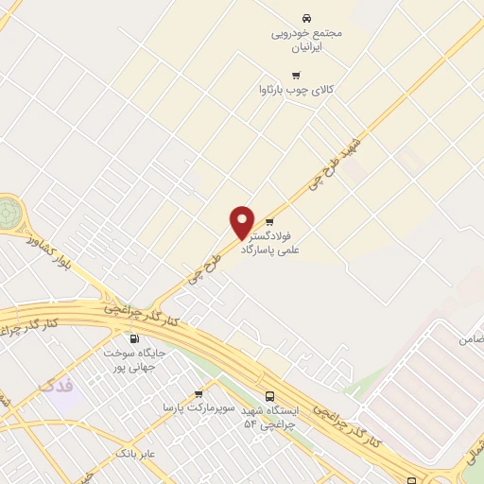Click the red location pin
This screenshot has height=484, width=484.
(242, 222)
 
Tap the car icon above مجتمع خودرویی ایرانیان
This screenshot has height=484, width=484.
(305, 18)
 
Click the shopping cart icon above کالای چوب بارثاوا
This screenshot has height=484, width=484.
(296, 75)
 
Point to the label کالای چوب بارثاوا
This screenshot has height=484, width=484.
(297, 90)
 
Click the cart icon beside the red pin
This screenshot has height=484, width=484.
(269, 222)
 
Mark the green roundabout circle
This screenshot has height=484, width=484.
(7, 212)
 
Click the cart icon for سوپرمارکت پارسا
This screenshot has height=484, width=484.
(199, 393)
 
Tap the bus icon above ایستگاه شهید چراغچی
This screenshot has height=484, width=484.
(271, 396)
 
